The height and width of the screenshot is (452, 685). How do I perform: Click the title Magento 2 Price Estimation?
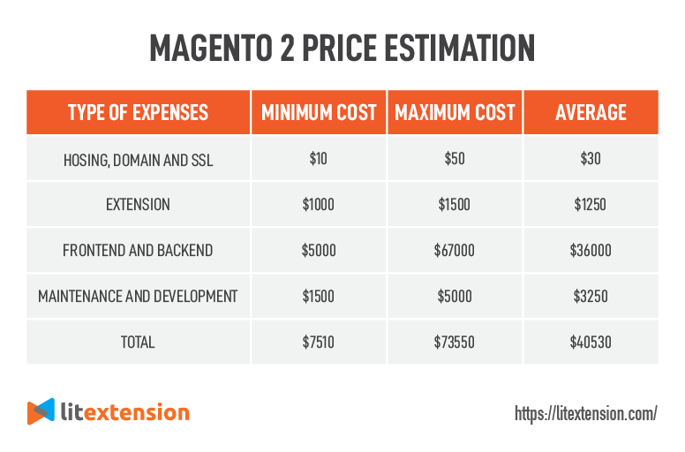(x=342, y=48)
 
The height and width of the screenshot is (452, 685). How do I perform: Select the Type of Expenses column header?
(x=138, y=112)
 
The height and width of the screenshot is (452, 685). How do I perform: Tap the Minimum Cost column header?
(x=319, y=112)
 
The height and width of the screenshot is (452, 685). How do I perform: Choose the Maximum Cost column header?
(x=455, y=112)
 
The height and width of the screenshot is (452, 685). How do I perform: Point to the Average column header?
(x=591, y=112)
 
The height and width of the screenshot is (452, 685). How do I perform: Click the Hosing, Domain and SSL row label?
(x=138, y=159)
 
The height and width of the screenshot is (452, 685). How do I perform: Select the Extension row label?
(x=138, y=205)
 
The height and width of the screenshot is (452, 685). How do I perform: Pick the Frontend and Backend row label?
(x=138, y=251)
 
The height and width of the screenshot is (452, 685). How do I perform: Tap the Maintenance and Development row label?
(x=138, y=297)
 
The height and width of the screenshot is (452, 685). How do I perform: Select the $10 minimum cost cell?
(x=319, y=159)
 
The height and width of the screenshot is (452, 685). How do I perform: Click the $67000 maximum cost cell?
(x=455, y=251)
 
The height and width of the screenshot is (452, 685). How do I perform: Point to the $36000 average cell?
(x=591, y=251)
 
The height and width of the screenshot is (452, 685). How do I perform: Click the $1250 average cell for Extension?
(x=591, y=205)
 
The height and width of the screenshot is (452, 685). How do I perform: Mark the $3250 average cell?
(x=591, y=297)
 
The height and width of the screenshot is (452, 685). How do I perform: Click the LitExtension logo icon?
(x=41, y=412)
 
